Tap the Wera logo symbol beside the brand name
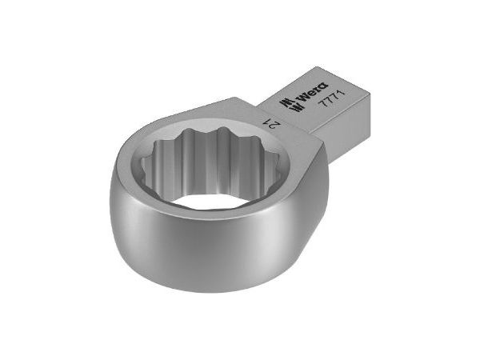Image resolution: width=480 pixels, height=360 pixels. (x=284, y=106)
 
